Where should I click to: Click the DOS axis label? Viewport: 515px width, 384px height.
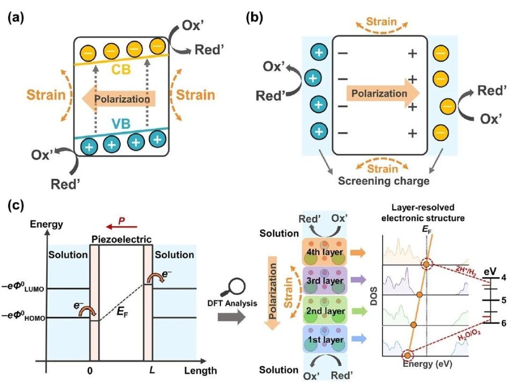(x=373, y=305)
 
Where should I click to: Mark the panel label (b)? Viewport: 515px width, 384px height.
(x=256, y=16)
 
